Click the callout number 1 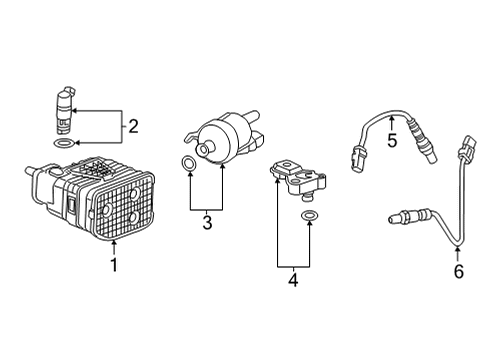click(114, 265)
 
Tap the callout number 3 click(206, 223)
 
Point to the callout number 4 click(294, 281)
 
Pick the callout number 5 click(392, 140)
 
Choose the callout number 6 click(458, 270)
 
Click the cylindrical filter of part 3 click(222, 138)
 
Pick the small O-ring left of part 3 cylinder click(188, 163)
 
